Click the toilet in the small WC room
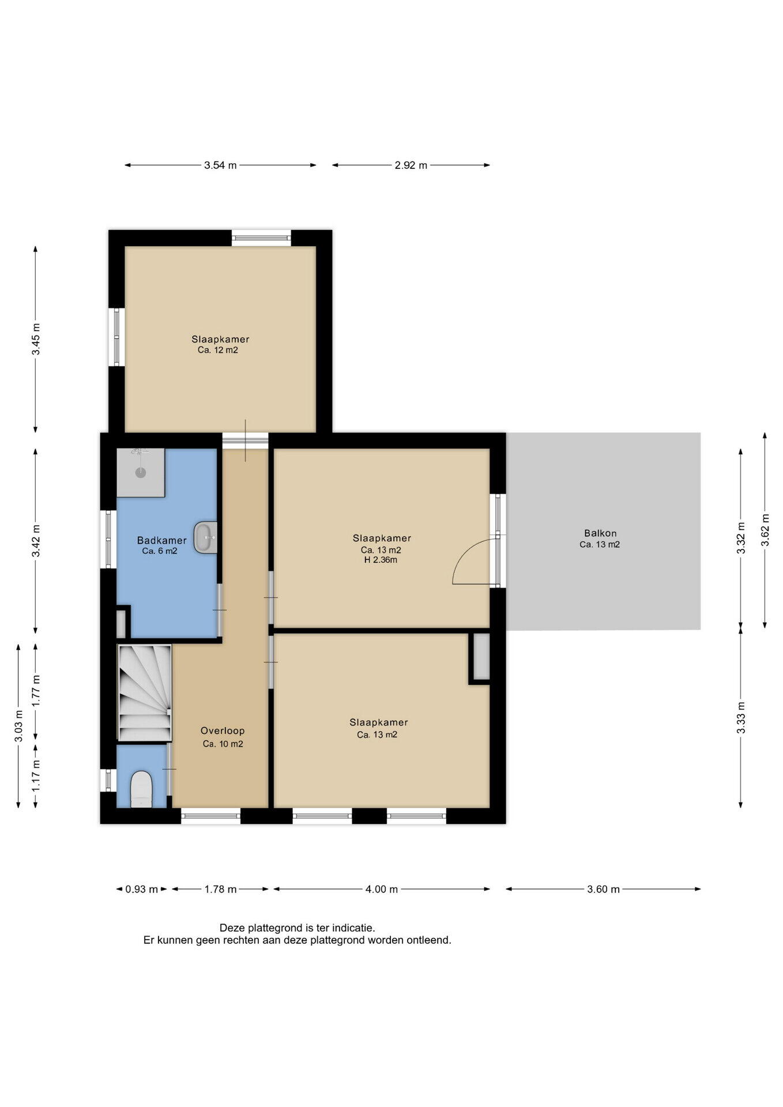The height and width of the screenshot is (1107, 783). tap(141, 790)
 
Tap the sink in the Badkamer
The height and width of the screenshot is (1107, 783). tap(205, 537)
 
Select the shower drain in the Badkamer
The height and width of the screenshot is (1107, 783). tap(141, 472)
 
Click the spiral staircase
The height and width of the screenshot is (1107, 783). tap(145, 692)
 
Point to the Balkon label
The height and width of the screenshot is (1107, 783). tap(600, 533)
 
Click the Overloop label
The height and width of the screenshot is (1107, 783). tap(223, 731)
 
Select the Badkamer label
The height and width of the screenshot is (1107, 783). tap(161, 540)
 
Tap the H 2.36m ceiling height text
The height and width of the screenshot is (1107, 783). tap(381, 560)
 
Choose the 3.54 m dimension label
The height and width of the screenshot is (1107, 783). tap(220, 165)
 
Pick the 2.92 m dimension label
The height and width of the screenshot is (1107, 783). tap(411, 165)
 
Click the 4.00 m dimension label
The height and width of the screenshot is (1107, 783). tap(382, 889)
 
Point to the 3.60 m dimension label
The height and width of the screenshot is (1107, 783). tap(604, 889)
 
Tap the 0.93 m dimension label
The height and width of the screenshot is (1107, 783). tap(141, 889)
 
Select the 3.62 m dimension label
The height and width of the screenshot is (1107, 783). tap(765, 530)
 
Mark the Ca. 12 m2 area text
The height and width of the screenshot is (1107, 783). tap(218, 350)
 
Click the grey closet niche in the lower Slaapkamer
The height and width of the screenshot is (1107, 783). tap(481, 656)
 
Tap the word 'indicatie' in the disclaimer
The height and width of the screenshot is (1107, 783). tap(356, 928)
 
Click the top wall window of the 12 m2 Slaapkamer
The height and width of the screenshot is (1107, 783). tap(261, 237)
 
